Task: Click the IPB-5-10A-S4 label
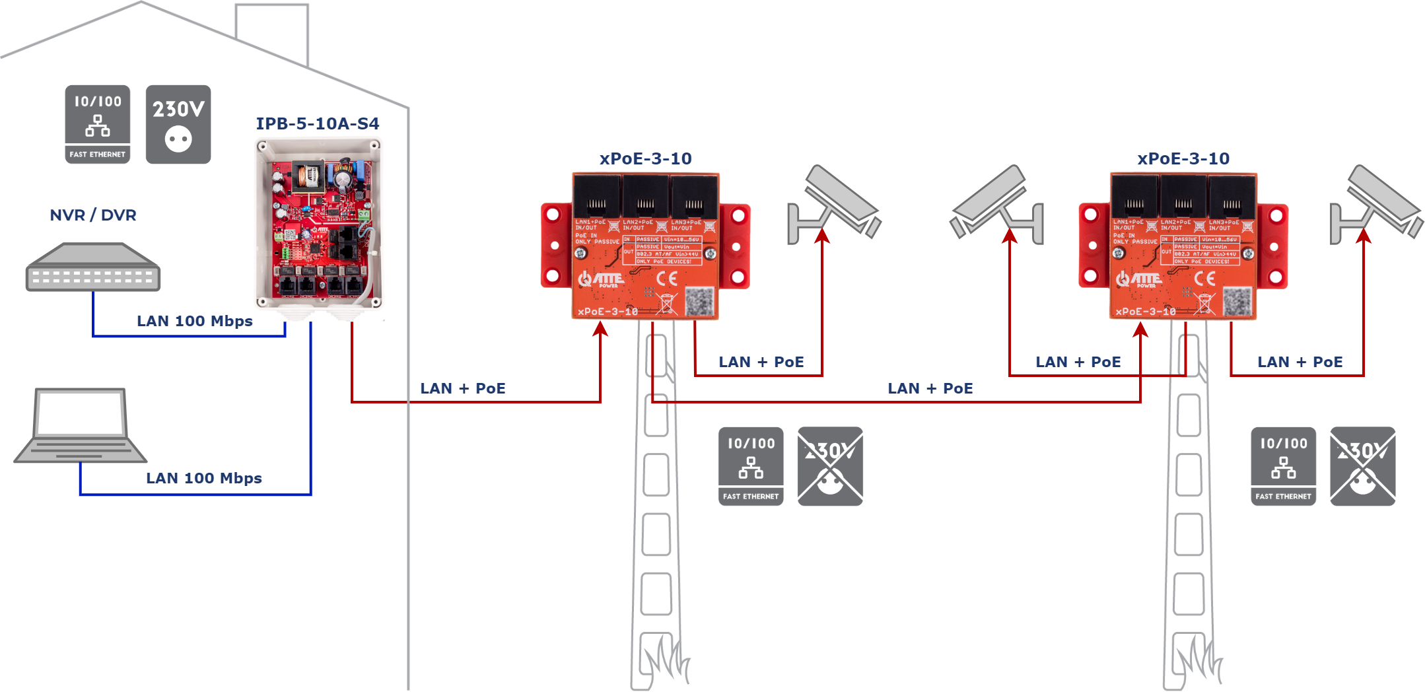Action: coord(318,123)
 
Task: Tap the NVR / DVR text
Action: coord(93,215)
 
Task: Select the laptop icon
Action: coord(81,426)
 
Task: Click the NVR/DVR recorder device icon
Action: coord(93,267)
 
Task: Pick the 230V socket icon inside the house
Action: coord(178,124)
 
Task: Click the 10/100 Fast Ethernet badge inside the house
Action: coord(98,124)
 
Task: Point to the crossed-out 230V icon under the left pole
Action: coord(830,466)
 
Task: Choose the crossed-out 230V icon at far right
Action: coord(1362,466)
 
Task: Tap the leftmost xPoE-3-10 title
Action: coord(645,158)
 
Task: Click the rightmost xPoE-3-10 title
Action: coord(1183,158)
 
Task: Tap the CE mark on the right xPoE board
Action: coord(1205,279)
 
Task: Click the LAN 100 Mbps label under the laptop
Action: coord(204,478)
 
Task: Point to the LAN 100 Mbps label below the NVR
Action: coord(195,321)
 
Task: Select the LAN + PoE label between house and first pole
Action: coord(463,388)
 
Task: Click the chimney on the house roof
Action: coord(272,30)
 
